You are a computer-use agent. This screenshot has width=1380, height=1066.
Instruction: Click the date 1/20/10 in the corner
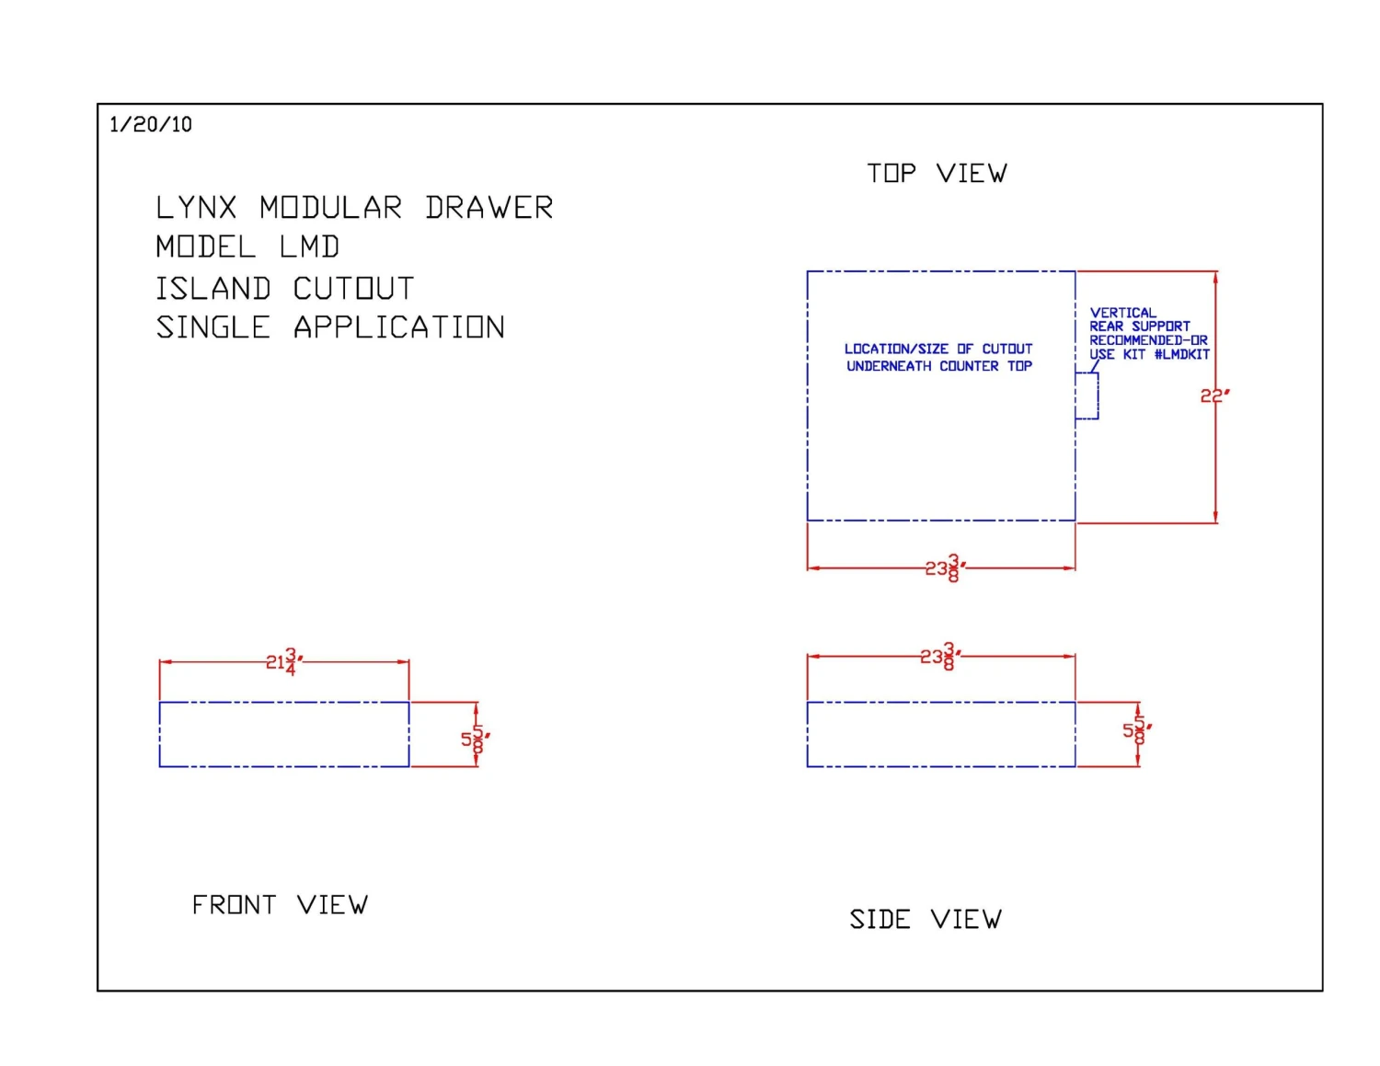tap(151, 124)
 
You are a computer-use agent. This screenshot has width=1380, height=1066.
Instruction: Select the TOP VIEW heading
tap(937, 174)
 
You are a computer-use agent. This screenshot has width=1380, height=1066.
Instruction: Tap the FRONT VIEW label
tap(280, 905)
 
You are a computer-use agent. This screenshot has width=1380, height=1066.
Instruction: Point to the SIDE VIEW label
tap(926, 919)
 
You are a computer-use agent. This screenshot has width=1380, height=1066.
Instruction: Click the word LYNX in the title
tap(196, 208)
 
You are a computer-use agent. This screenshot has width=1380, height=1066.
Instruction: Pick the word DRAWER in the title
tap(489, 208)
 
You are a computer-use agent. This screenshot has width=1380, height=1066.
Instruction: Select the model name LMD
tap(310, 247)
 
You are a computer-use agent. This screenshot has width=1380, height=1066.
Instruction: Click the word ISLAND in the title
tap(213, 289)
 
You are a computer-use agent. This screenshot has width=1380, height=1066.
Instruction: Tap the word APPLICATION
tap(399, 327)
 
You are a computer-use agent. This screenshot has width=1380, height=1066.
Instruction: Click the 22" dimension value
tap(1214, 395)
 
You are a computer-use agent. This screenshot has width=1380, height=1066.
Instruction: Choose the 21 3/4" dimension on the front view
tap(283, 660)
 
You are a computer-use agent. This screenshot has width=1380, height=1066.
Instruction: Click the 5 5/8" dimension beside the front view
tap(475, 739)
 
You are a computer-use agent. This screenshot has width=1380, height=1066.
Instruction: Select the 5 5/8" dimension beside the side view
tap(1136, 730)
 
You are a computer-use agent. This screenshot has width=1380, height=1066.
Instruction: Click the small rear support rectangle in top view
tap(1087, 395)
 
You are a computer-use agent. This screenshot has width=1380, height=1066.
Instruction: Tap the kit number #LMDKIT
tap(1182, 354)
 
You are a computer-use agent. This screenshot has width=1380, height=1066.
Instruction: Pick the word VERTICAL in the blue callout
tap(1123, 313)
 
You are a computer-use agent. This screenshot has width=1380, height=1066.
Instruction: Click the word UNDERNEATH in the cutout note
tap(889, 366)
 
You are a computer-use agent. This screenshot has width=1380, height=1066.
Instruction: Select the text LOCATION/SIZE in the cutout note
tap(896, 349)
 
